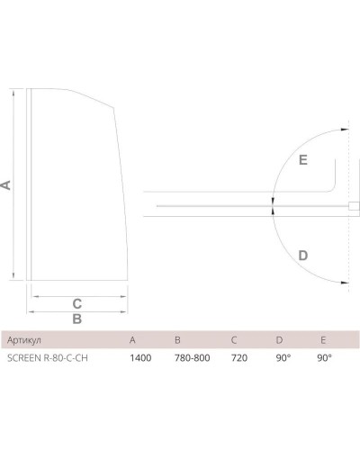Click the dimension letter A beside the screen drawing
[x=6, y=184]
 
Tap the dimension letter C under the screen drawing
[x=77, y=301]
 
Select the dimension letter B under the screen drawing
[x=77, y=319]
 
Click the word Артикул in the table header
[x=24, y=340]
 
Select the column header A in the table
[x=132, y=340]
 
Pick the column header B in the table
[x=176, y=340]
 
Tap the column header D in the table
[x=279, y=340]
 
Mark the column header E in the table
[x=322, y=340]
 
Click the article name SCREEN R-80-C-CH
[x=49, y=358]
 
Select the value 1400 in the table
[x=139, y=358]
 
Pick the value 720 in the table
[x=238, y=358]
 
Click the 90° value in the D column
[x=283, y=358]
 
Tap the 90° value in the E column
[x=326, y=358]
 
